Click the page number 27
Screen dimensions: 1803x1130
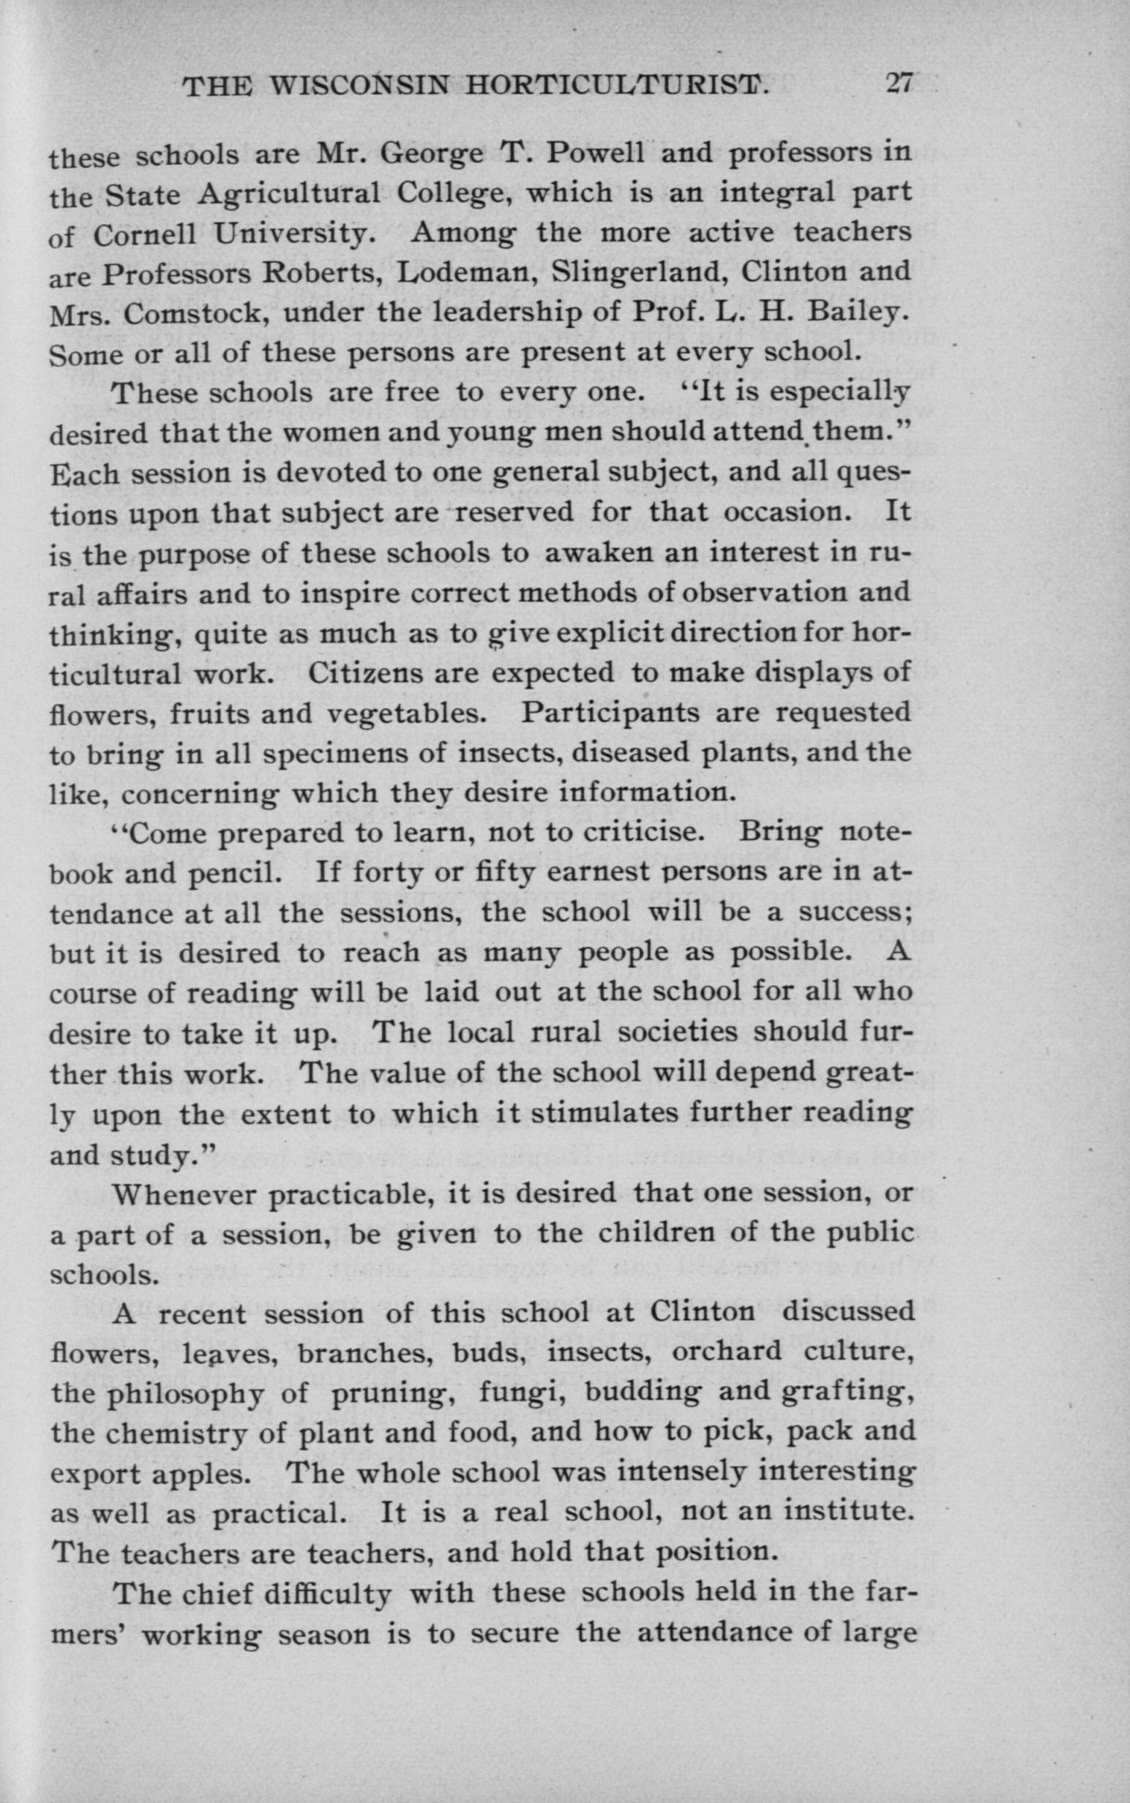[x=898, y=83]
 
